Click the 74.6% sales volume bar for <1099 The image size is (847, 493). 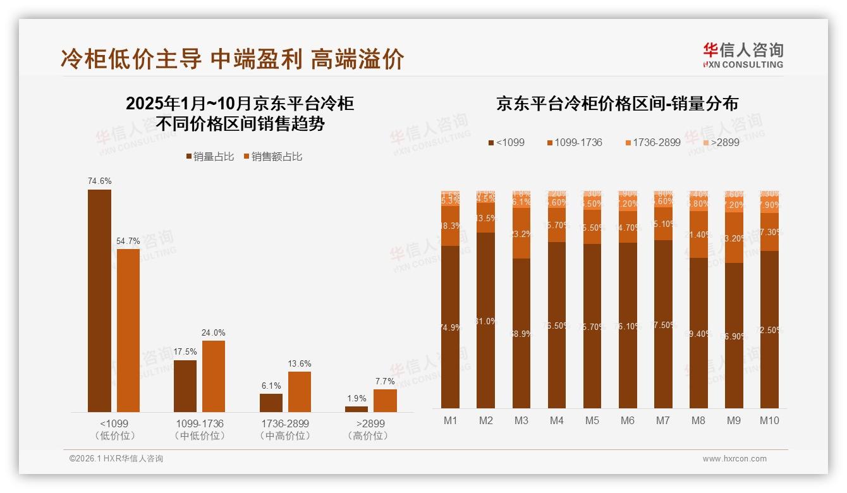coord(99,301)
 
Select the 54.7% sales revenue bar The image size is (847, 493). coord(128,331)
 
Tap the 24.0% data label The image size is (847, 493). coord(213,332)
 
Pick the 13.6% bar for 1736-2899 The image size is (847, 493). coord(299,392)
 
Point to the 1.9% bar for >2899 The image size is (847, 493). coord(356,409)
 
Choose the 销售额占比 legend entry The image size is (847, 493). coord(272,157)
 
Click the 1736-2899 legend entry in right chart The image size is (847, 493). coord(652,142)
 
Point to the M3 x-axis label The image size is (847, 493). coord(521,421)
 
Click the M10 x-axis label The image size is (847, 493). coord(769,421)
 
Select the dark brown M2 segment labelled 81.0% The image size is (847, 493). coord(485,320)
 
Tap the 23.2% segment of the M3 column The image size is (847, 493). coord(521,233)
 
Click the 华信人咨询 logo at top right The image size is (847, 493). coord(743,55)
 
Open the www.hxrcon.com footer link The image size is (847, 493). coord(734,459)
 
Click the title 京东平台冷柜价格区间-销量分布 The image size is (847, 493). coord(617,104)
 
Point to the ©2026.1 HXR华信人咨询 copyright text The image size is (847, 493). coord(116,459)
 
